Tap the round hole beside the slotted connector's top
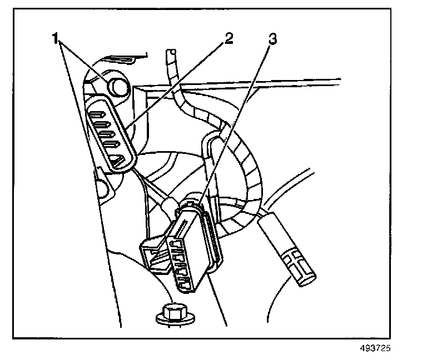[x=117, y=85]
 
